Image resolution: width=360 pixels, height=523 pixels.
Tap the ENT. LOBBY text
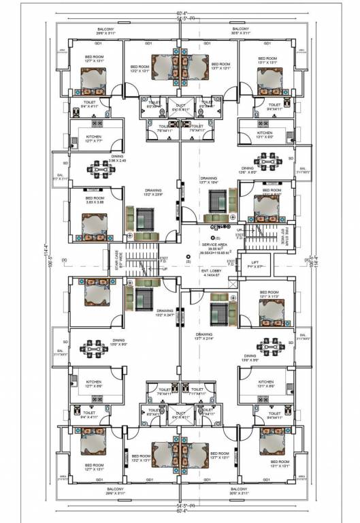click(214, 270)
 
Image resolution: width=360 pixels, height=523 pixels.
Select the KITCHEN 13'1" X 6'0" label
click(265, 135)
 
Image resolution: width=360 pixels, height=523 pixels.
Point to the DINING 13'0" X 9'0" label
click(99, 340)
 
